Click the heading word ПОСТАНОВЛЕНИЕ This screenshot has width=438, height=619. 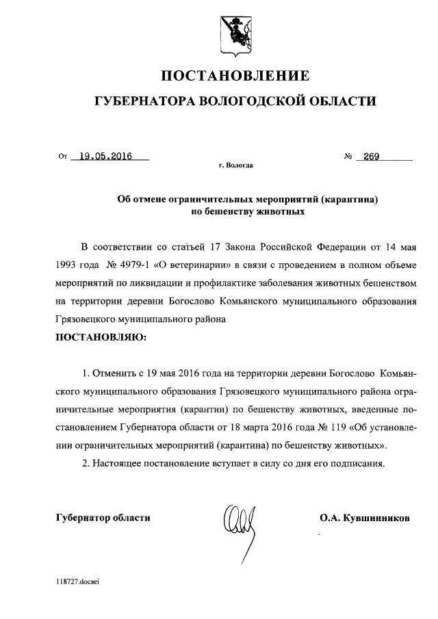(235, 75)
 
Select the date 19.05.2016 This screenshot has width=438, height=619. (105, 157)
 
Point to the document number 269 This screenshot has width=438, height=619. (372, 157)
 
